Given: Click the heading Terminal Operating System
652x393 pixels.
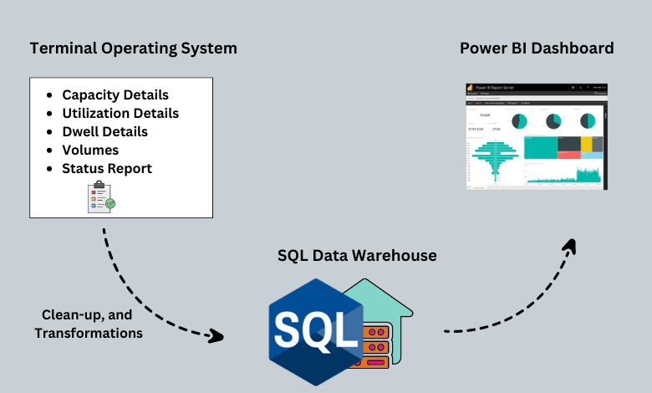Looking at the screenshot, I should click(x=133, y=48).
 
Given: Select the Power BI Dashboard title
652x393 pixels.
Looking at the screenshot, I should click(x=537, y=48).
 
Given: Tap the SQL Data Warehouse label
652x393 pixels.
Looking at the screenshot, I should click(x=357, y=256).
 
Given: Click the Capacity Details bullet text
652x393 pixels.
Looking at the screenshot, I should click(x=115, y=94).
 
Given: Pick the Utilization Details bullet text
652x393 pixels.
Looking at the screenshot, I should click(x=120, y=113).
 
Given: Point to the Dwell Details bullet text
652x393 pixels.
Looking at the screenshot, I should click(x=104, y=131).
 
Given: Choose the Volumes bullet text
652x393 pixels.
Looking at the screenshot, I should click(x=90, y=150).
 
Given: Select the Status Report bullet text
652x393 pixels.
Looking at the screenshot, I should click(x=107, y=168).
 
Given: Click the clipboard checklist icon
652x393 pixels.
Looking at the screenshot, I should click(x=100, y=196).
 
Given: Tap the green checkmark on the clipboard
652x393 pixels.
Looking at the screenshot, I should click(x=110, y=203).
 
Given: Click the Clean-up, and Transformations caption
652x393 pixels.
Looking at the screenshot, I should click(x=88, y=324).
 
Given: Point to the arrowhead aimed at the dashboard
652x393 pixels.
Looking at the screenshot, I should click(x=570, y=246).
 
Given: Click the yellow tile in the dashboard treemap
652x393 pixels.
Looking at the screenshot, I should click(x=587, y=144).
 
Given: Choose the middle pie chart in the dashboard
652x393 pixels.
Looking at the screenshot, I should click(x=553, y=121).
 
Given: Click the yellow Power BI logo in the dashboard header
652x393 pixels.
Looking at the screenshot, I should click(x=471, y=87).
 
